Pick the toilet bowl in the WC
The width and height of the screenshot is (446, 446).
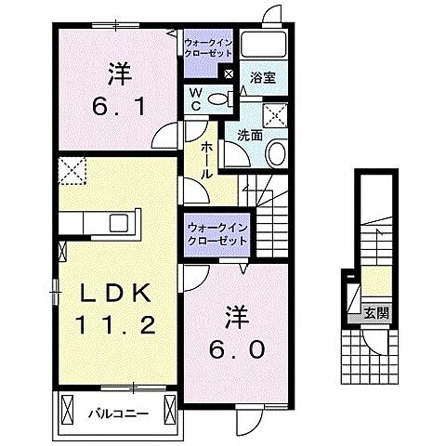(219, 98)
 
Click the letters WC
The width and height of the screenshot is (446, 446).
(196, 98)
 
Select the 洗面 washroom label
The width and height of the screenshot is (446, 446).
(250, 136)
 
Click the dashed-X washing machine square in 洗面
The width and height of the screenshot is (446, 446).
(276, 115)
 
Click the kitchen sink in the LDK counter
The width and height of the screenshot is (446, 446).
(119, 224)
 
